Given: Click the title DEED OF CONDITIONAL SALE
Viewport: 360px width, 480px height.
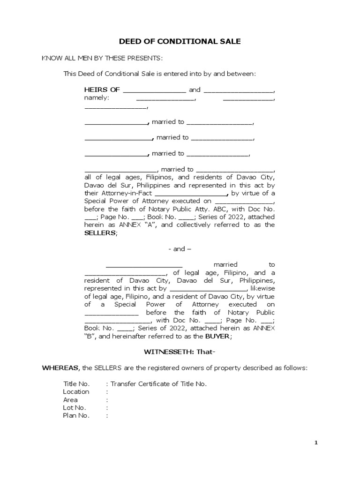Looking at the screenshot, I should click(x=180, y=41).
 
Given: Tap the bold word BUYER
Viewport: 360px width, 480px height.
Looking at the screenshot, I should click(x=218, y=336).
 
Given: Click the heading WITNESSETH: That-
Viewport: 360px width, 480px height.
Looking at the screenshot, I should click(x=180, y=352).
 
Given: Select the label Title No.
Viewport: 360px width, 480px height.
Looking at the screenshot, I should click(x=76, y=384).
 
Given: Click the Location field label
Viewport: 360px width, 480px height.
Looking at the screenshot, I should click(x=76, y=392).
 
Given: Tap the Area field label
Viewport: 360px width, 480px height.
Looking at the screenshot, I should click(x=70, y=400).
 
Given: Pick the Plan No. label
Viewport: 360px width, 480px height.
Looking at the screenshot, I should click(x=76, y=416).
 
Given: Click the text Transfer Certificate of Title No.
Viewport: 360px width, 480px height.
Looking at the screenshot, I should click(x=158, y=384).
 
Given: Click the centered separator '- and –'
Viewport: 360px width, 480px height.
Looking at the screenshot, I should click(x=180, y=249).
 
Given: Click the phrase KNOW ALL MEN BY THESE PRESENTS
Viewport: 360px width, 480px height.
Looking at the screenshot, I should click(x=102, y=58).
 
